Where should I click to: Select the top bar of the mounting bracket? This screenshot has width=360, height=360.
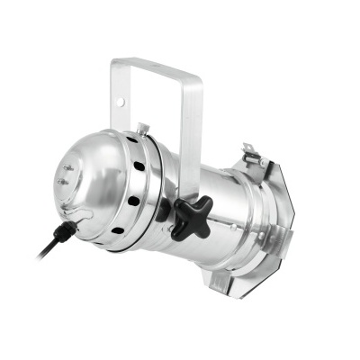click(153, 67)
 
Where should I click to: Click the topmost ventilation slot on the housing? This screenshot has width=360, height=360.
click(133, 140)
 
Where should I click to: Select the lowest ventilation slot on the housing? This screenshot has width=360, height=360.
click(116, 231)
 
